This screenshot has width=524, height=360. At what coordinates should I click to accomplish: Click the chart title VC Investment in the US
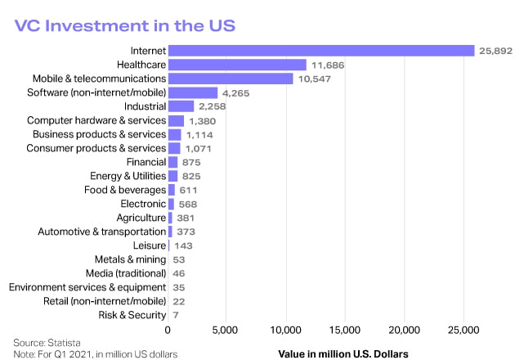point(125,25)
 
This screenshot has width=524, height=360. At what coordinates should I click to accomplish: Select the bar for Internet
point(321,51)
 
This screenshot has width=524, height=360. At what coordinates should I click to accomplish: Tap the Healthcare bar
point(237,65)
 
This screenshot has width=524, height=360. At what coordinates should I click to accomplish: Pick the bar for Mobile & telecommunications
point(231,79)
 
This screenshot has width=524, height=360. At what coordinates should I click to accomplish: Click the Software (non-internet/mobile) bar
point(193,92)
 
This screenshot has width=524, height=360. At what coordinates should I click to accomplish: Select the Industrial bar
point(181,106)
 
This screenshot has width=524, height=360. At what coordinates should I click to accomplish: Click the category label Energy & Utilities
point(128,176)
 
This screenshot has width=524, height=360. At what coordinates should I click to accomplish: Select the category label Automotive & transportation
point(102,232)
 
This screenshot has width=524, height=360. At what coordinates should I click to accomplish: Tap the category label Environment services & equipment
point(87,287)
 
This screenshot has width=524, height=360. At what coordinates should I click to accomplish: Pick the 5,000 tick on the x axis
point(226,331)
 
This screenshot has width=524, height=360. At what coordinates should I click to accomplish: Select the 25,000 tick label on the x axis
point(464,331)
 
